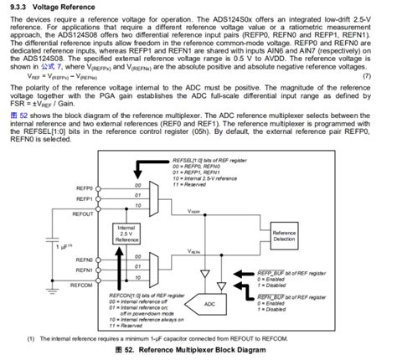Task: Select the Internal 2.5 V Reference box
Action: coord(127,234)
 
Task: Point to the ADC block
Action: coord(209,304)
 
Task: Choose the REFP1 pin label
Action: coord(82,200)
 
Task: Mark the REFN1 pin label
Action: coord(82,272)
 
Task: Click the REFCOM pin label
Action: coord(80,285)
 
